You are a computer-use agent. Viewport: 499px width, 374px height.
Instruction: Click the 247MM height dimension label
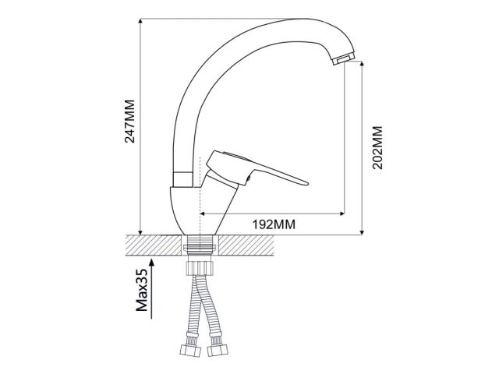(130, 122)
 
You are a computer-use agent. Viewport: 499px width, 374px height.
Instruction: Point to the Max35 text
(142, 291)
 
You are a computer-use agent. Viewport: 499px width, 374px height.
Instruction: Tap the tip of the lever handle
(306, 184)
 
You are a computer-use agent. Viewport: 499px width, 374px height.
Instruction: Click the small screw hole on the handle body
(247, 182)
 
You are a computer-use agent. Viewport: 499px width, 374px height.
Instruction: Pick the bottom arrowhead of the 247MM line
(139, 231)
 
